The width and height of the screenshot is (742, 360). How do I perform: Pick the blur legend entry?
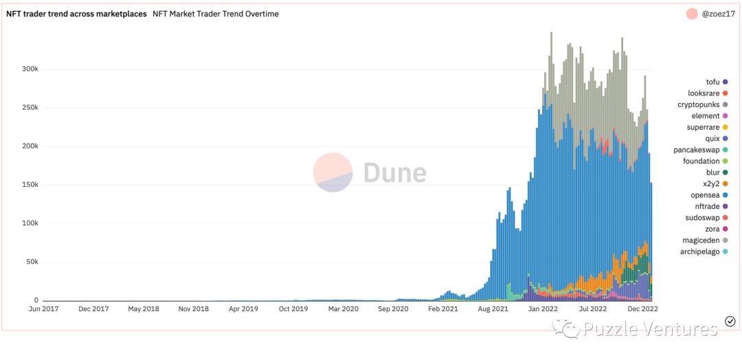[712, 172]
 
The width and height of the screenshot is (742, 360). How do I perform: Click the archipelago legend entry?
[699, 251]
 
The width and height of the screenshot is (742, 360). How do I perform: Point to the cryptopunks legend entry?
[699, 104]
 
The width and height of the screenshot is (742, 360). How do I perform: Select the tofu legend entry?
[712, 82]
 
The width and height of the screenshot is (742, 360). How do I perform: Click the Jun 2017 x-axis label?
[43, 309]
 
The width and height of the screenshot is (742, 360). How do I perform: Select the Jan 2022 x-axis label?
[543, 309]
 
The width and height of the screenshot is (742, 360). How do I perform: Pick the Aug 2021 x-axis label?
[493, 309]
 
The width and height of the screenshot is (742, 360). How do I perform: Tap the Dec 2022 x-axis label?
[642, 309]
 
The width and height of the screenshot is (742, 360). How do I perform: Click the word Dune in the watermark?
[394, 173]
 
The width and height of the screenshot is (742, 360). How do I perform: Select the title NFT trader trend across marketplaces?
[76, 14]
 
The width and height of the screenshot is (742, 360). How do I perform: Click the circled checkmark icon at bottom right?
[730, 322]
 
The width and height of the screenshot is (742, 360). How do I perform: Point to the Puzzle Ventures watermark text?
[649, 330]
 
